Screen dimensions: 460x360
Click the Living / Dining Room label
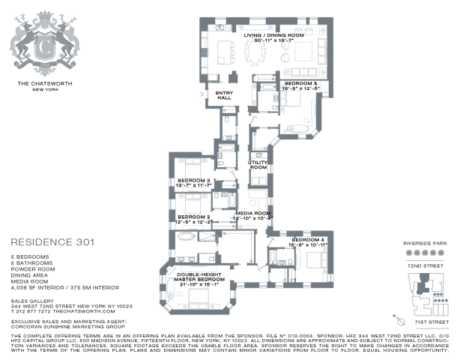tap(275, 35)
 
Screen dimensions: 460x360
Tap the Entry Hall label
tap(226, 95)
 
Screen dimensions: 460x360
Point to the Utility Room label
tap(258, 164)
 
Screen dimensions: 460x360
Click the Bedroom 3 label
tap(193, 181)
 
